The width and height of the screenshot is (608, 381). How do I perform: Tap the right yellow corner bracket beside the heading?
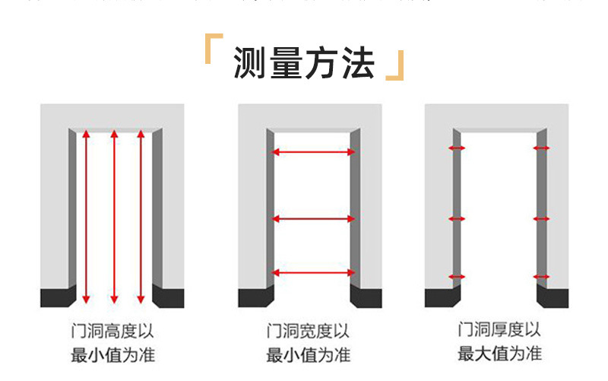tap(394, 69)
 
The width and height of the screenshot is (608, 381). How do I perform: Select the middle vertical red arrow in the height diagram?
tap(113, 217)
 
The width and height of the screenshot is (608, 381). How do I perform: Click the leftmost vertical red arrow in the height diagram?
tap(86, 217)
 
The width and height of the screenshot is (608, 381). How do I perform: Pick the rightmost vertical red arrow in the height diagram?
tap(141, 217)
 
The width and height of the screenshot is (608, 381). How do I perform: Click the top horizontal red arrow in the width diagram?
tap(313, 152)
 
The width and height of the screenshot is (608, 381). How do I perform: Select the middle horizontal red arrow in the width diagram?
tap(313, 219)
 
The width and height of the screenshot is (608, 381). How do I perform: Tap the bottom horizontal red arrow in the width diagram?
tap(313, 272)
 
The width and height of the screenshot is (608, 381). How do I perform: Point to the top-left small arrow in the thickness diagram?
tap(457, 148)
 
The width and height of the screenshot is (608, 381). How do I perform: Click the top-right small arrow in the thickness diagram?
tap(541, 148)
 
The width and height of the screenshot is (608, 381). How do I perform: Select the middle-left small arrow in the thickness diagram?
tap(457, 219)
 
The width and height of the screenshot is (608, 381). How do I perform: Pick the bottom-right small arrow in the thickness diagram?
tap(541, 277)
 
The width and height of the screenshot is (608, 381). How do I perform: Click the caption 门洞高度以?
tap(113, 332)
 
